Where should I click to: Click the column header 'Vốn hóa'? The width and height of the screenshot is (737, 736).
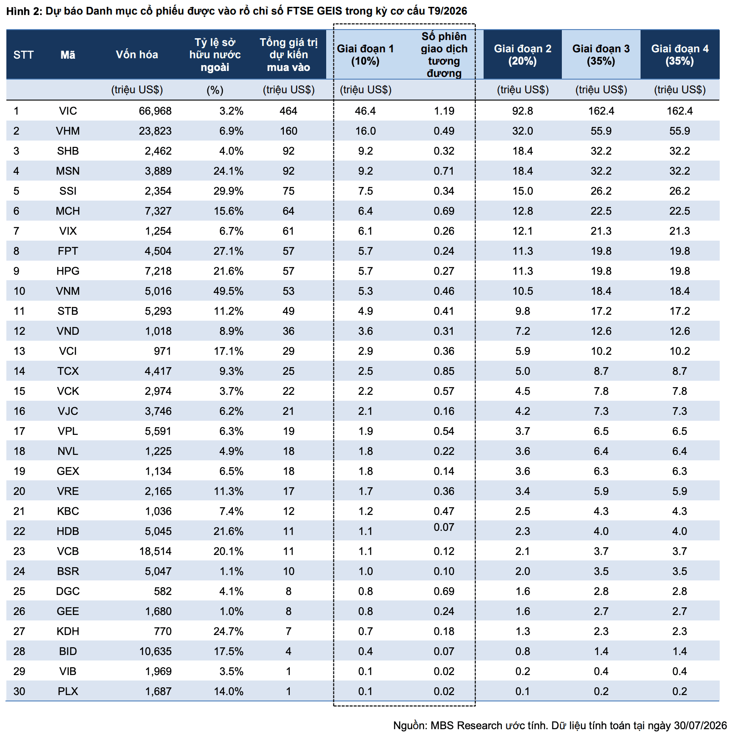137,55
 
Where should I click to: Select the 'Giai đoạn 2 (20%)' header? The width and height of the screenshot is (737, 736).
523,55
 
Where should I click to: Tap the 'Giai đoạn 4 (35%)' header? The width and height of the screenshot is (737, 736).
680,55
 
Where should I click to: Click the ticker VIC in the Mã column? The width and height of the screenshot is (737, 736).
68,111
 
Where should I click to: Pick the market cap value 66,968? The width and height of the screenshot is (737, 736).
155,111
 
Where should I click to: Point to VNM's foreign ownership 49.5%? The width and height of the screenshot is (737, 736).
228,291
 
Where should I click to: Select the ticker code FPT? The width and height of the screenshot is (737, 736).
68,251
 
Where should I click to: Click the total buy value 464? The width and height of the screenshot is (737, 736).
288,111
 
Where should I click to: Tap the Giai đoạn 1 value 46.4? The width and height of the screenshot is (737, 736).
365,111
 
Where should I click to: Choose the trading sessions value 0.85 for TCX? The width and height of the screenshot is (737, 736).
444,371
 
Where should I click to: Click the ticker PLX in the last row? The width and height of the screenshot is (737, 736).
68,691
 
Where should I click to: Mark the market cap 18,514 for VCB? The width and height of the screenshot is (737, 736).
155,551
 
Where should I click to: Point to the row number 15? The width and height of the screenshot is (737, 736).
19,391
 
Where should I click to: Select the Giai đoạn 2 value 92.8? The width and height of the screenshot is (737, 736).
523,111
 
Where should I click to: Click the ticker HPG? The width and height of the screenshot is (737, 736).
68,271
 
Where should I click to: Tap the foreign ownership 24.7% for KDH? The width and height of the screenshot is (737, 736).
228,631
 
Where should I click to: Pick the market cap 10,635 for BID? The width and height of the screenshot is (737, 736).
155,651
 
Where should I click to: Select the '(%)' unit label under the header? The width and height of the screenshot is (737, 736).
215,90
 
